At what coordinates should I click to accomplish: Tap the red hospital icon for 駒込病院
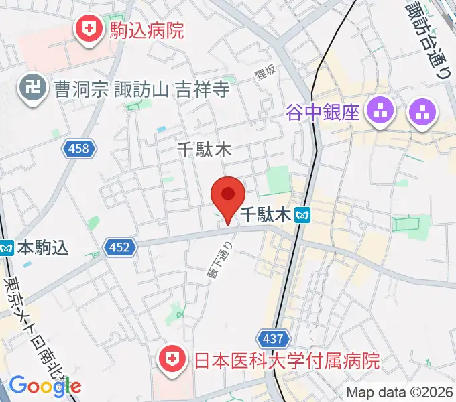88,29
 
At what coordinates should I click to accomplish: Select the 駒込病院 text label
146,29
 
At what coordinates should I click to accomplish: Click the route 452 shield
119,248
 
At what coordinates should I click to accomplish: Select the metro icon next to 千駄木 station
305,215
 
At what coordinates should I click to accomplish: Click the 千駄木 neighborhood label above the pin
204,149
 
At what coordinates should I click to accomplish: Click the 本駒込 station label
44,248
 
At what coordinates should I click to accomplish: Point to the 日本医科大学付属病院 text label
287,362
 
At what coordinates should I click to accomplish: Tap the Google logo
45,385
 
